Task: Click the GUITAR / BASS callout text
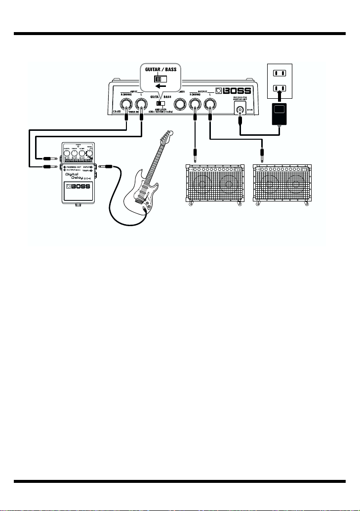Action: point(160,69)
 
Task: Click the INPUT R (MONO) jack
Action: point(127,104)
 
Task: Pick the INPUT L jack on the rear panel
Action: point(142,104)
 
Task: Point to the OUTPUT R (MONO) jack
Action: point(195,104)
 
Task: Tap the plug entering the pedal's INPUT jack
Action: point(105,167)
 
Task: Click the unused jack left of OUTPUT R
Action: point(175,104)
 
